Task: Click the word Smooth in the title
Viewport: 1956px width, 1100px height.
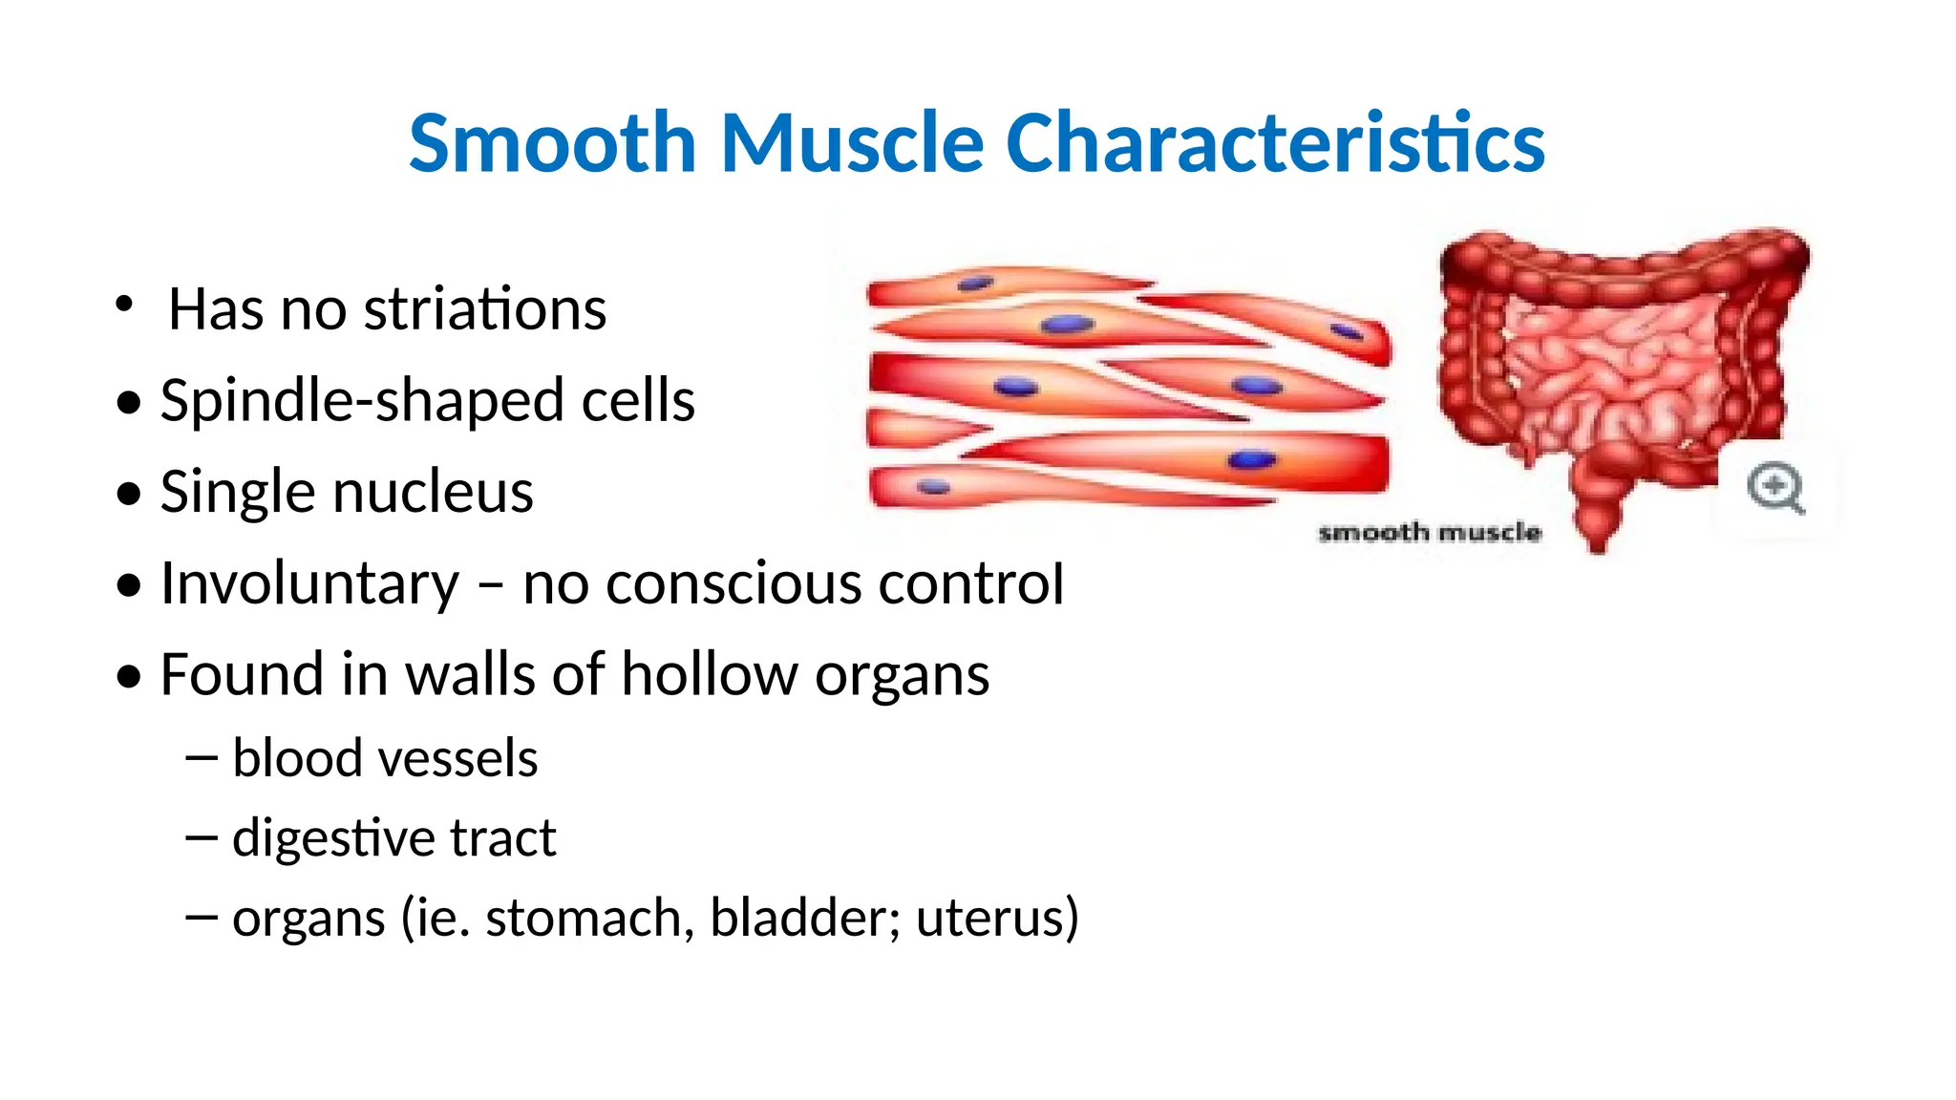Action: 552,143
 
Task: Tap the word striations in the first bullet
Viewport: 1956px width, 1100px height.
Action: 485,309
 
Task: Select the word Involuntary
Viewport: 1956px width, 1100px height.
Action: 309,583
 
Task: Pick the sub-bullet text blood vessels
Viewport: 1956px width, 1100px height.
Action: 385,758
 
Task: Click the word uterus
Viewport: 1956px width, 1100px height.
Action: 996,918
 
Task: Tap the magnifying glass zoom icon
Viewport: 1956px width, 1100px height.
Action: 1775,488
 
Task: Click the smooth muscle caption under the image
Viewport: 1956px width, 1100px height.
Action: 1429,533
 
